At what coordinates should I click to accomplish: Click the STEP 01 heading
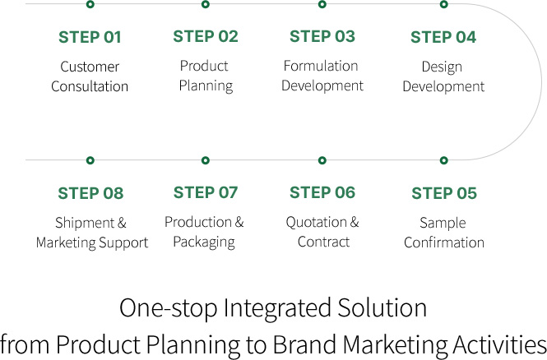(x=90, y=37)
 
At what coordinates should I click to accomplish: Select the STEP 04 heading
(x=443, y=37)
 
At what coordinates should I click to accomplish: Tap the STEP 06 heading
(x=322, y=192)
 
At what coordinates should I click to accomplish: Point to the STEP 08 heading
(x=90, y=193)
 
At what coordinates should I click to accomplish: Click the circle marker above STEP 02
(x=206, y=5)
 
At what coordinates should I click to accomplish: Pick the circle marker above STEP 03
(x=322, y=5)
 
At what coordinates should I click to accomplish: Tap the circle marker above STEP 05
(x=443, y=160)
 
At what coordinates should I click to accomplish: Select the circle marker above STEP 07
(x=206, y=160)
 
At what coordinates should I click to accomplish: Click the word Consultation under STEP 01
(x=90, y=86)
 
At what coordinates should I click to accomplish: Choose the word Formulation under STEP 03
(x=321, y=66)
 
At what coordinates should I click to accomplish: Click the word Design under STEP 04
(x=442, y=67)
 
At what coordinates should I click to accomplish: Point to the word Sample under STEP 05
(x=443, y=224)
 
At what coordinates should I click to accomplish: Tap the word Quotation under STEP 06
(x=317, y=223)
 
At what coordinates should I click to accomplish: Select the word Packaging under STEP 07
(x=204, y=242)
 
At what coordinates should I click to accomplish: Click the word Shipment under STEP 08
(x=85, y=223)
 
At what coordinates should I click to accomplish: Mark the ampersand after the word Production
(x=239, y=222)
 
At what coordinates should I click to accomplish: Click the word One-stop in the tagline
(x=168, y=308)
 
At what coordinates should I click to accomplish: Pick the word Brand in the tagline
(x=304, y=344)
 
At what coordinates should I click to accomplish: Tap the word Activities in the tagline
(x=499, y=344)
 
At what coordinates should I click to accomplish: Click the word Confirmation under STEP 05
(x=444, y=242)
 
